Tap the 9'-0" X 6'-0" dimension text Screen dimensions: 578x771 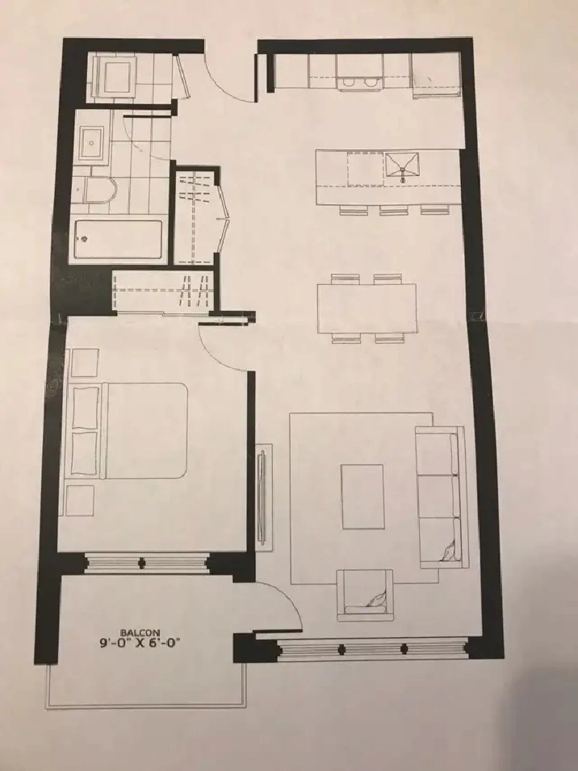(x=140, y=643)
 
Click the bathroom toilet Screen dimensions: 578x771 (x=100, y=190)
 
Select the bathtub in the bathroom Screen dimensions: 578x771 (x=118, y=240)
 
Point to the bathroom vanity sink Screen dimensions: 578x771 (x=91, y=143)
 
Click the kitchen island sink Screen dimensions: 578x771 (x=403, y=168)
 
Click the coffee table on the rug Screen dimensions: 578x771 (x=362, y=497)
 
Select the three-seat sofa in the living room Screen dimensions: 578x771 (x=441, y=497)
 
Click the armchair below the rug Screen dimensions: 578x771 (x=365, y=594)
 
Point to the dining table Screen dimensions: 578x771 (x=367, y=308)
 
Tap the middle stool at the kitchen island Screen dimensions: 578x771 (x=394, y=211)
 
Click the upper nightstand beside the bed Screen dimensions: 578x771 (x=85, y=362)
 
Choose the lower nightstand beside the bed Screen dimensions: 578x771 (x=80, y=501)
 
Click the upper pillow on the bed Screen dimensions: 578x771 (x=85, y=407)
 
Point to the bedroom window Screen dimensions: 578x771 (x=145, y=563)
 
